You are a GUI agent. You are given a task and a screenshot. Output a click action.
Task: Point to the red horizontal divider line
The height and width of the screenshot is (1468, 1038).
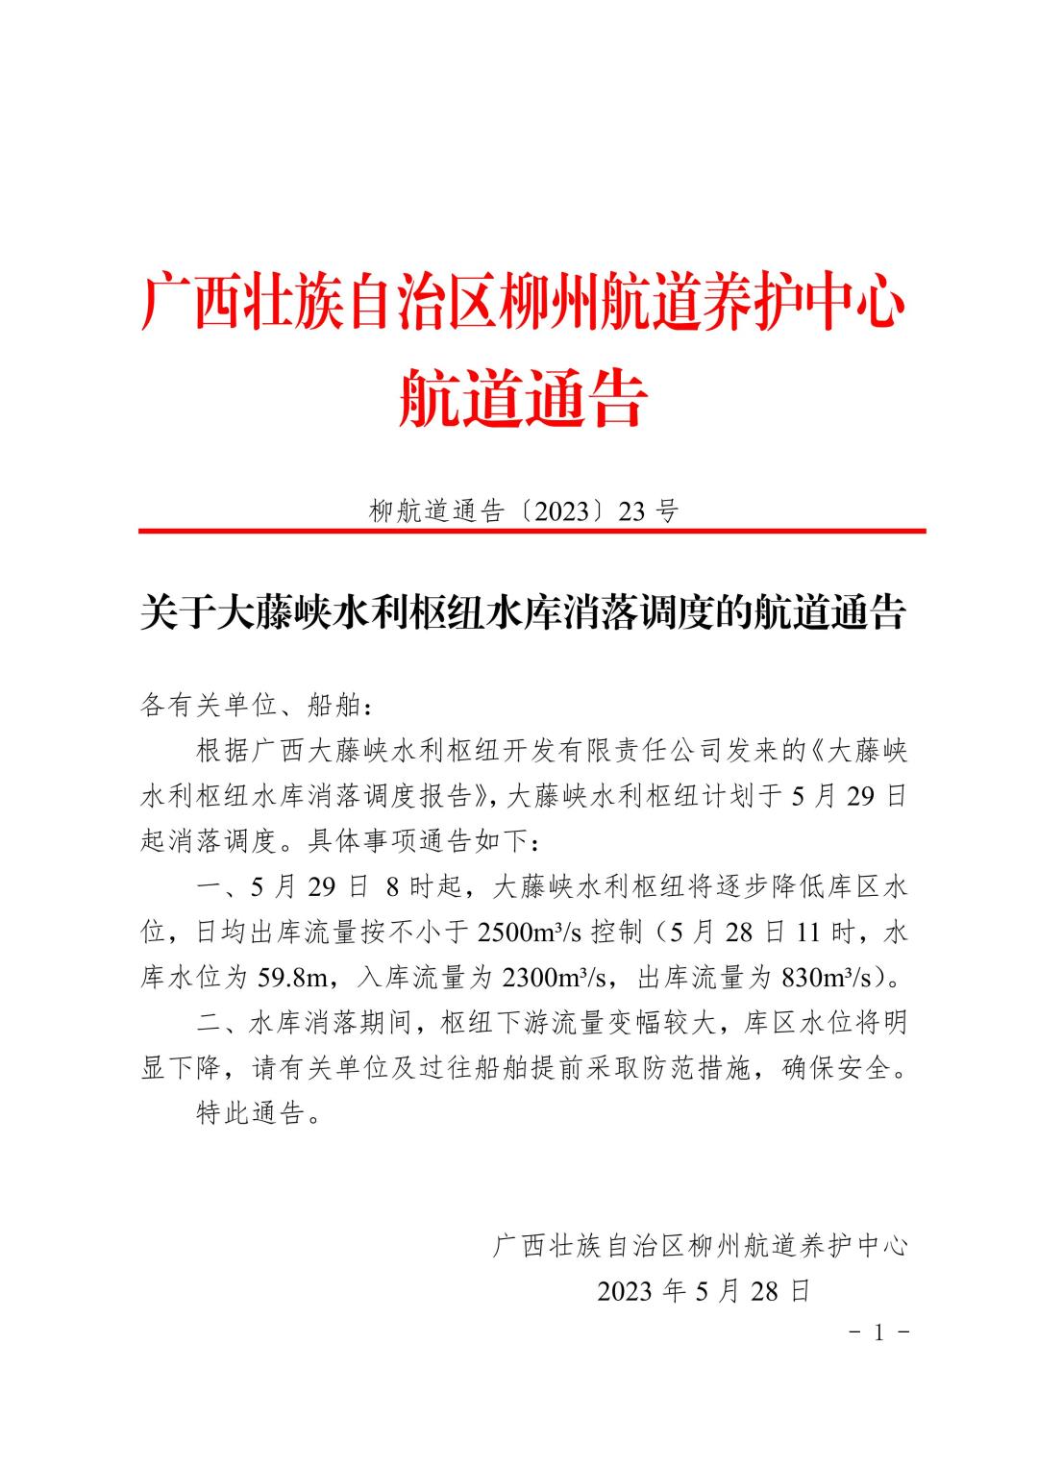[531, 530]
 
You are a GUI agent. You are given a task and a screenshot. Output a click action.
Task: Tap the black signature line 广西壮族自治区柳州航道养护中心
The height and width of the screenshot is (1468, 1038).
[700, 1246]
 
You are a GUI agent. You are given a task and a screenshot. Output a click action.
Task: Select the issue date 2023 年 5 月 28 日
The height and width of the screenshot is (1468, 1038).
[704, 1291]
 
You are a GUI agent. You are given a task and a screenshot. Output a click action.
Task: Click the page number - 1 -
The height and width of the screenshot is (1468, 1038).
[878, 1333]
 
